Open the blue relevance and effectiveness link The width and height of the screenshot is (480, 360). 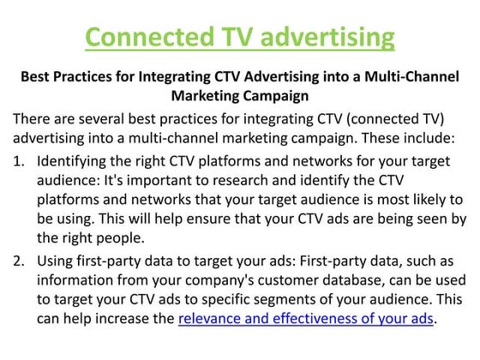point(306,320)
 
